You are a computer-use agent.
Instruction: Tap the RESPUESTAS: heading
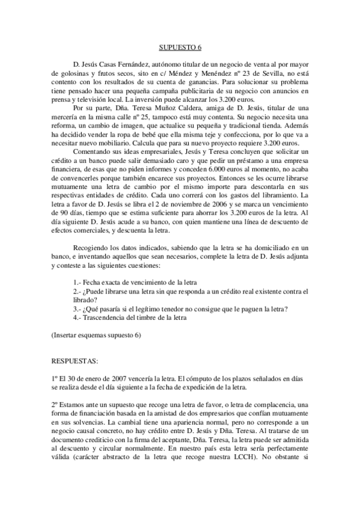click(78, 361)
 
